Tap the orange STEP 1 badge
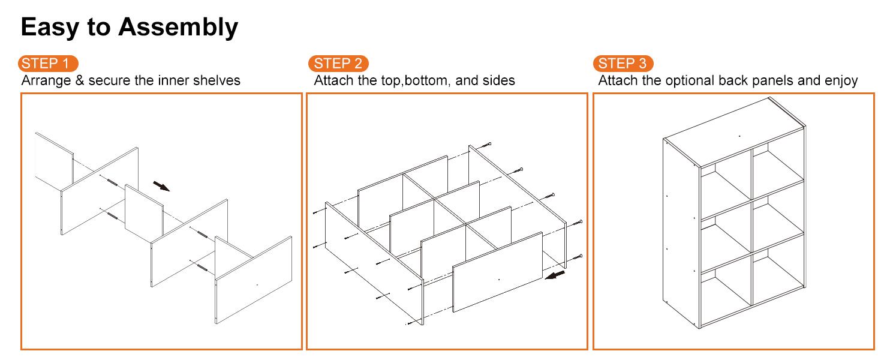pyautogui.click(x=49, y=63)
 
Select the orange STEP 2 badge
pyautogui.click(x=338, y=63)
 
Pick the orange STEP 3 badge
pyautogui.click(x=623, y=63)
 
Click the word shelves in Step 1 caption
pyautogui.click(x=218, y=80)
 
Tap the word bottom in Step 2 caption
pyautogui.click(x=428, y=80)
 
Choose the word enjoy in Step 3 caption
pyautogui.click(x=840, y=80)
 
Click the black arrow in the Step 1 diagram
pyautogui.click(x=161, y=185)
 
